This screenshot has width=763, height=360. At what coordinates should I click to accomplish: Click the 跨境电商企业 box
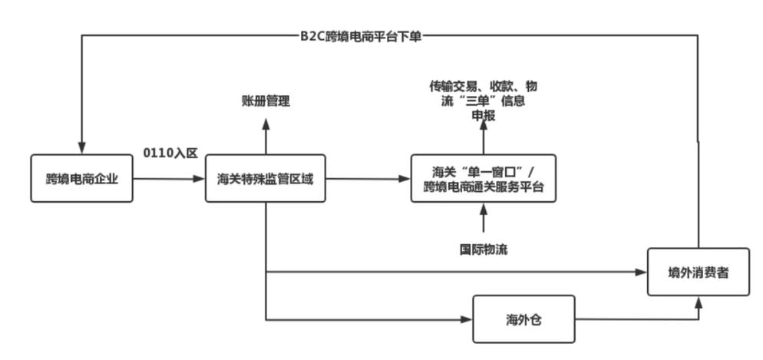pos(81,179)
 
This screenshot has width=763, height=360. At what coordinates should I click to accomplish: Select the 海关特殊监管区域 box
pos(265,179)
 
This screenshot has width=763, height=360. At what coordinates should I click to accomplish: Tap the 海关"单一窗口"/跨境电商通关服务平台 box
pos(484,179)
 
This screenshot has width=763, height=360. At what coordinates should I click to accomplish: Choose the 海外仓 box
pos(524,319)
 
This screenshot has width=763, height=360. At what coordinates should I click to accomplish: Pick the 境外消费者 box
pos(698,272)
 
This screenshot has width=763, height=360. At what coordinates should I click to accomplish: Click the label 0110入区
pos(170,153)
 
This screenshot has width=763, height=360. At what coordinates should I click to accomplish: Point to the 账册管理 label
pos(266,101)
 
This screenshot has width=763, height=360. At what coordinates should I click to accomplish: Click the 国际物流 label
pos(484,249)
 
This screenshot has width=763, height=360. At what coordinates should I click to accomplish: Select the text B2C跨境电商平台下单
pos(361,36)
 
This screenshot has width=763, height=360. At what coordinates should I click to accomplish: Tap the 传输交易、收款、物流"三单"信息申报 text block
pos(484,101)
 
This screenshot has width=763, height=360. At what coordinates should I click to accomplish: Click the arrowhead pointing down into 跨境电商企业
pos(81,148)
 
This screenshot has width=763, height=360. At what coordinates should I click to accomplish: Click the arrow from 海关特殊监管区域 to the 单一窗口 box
pos(368,180)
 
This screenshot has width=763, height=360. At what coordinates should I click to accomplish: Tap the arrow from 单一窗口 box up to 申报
pos(484,138)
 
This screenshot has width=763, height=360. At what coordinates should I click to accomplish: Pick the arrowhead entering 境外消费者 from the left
pos(641,272)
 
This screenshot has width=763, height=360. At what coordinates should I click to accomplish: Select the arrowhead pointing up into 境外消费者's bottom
pos(699,302)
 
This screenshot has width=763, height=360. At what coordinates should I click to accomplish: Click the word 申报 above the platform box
pos(484,116)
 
